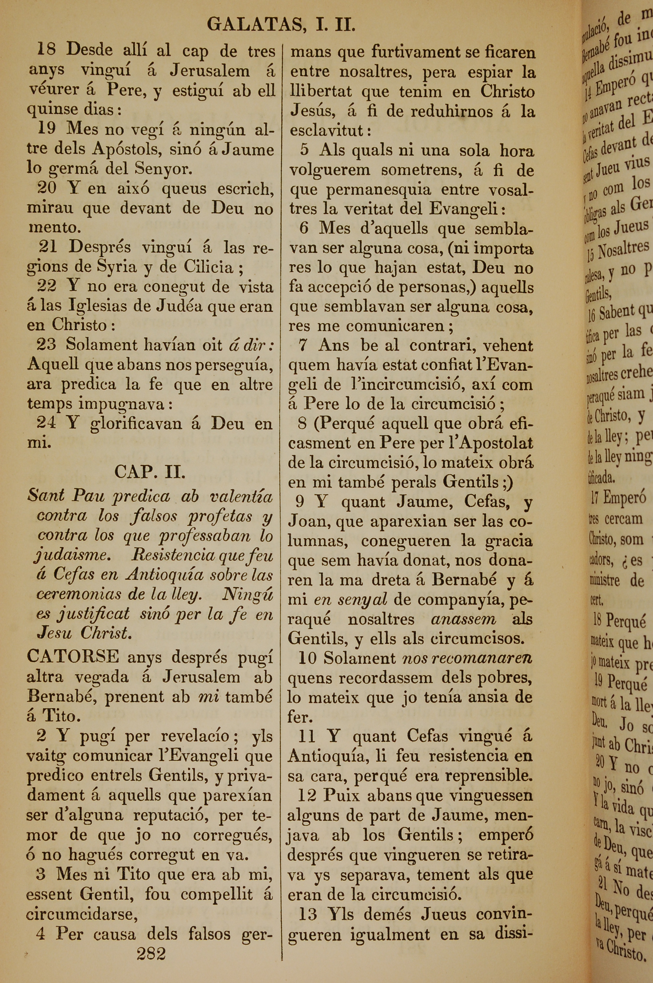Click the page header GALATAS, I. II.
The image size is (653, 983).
coord(281,26)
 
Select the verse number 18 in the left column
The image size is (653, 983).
coord(46,50)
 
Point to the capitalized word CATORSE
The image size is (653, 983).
coord(73,657)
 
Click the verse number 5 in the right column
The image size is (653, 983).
coord(304,150)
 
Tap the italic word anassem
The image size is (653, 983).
coord(464,620)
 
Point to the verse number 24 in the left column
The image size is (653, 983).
coord(46,424)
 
